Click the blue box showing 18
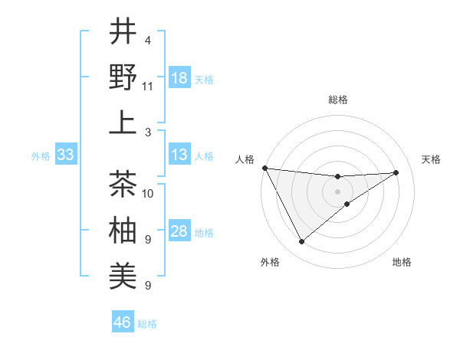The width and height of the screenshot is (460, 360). coord(179,78)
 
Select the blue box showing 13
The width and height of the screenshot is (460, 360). coord(179,155)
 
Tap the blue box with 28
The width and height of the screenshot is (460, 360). coord(179,232)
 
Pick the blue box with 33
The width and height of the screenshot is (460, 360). coord(65,155)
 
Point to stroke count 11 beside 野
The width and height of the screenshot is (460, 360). coord(148,86)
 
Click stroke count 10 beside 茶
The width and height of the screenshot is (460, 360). coord(148,193)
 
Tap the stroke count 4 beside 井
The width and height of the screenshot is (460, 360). coord(148,40)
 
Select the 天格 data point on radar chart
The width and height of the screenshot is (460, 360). coord(396,172)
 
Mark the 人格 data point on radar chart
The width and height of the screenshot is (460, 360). coord(264,168)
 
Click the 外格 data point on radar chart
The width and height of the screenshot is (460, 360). coord(301,242)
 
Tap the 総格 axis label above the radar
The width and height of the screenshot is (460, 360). coord(338,100)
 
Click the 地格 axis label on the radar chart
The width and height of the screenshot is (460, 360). coord(402,262)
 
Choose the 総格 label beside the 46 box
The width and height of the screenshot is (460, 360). coord(147,324)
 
